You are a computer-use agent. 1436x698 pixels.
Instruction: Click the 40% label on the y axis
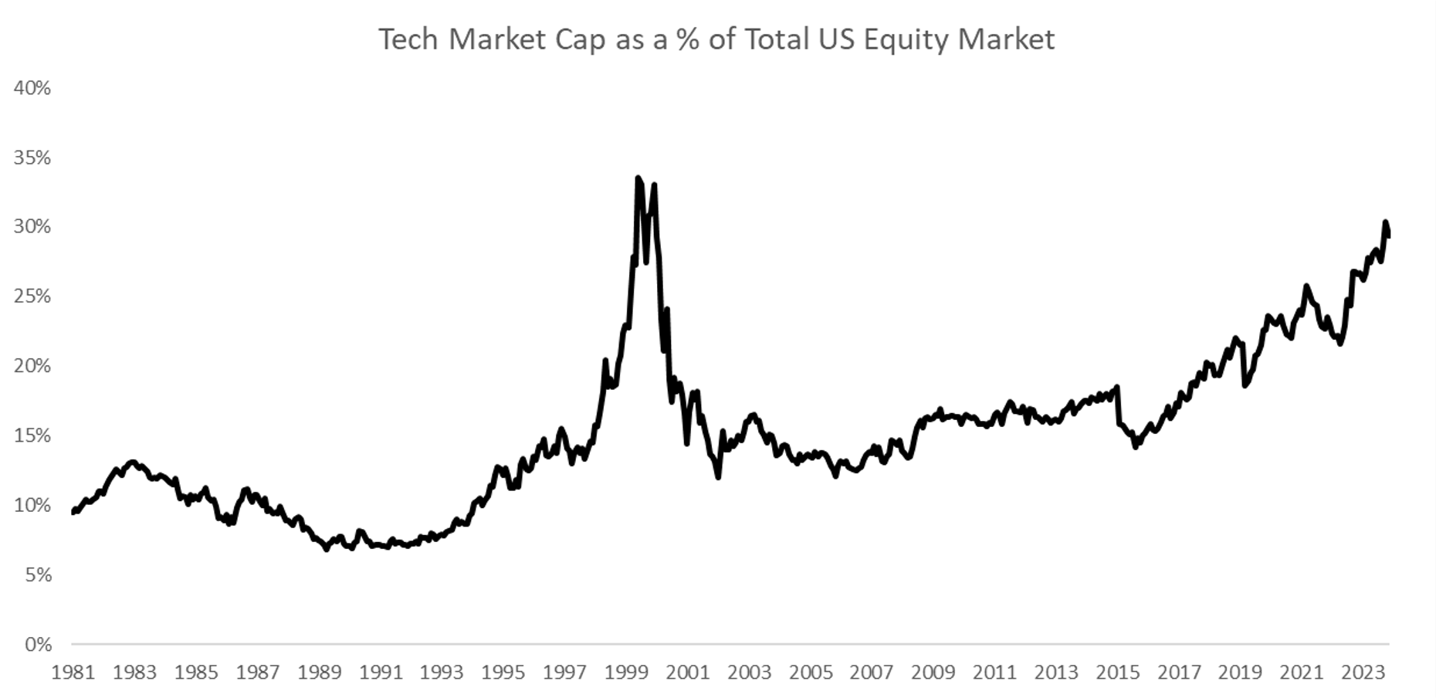click(x=32, y=88)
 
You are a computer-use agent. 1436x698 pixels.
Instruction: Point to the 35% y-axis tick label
click(x=32, y=158)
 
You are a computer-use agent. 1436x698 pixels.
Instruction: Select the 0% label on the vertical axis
click(x=37, y=644)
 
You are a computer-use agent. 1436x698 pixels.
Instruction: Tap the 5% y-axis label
click(x=37, y=574)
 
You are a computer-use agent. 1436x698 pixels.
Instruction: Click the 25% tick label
click(x=32, y=296)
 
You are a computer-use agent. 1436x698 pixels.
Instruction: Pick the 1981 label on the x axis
click(x=73, y=673)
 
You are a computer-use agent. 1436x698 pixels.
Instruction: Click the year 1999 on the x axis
click(x=626, y=673)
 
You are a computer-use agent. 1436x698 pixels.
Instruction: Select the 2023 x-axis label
click(x=1363, y=673)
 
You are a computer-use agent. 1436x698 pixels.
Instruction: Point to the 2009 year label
click(x=933, y=673)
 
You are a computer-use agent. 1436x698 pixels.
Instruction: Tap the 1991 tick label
click(x=381, y=673)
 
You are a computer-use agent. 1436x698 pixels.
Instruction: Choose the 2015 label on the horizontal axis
click(x=1117, y=673)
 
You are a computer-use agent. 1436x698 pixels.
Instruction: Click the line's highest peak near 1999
click(x=638, y=178)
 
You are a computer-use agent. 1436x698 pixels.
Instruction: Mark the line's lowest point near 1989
click(x=326, y=550)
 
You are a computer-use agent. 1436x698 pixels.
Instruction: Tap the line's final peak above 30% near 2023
click(x=1385, y=222)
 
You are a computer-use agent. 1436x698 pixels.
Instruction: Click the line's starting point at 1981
click(x=73, y=512)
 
